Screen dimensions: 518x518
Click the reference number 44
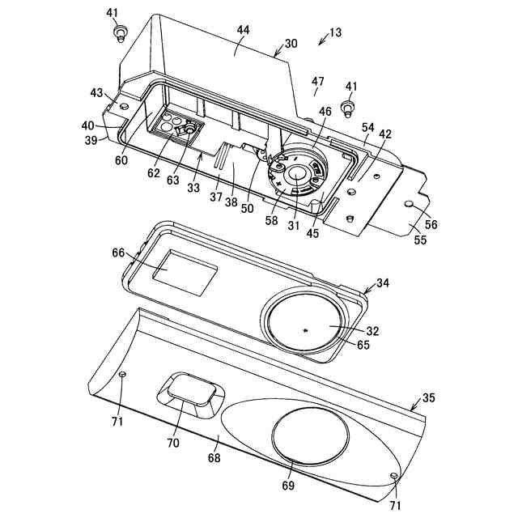coord(243,30)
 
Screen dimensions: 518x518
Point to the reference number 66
coord(118,253)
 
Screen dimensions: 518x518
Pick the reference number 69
coord(288,486)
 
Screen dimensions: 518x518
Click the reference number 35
coord(428,398)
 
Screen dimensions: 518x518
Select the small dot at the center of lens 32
coord(305,330)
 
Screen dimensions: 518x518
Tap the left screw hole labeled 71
coord(122,374)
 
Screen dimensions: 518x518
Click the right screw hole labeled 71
coord(393,476)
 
